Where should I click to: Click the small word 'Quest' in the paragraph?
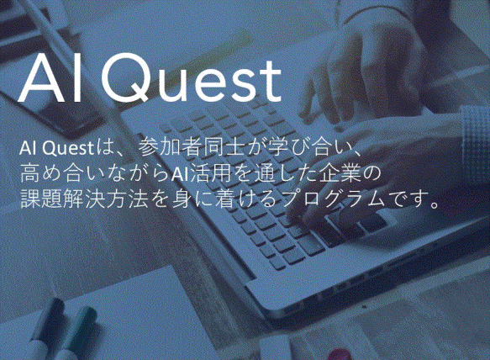68,148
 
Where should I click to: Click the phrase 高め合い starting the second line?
57,172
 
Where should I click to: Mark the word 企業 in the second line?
340,172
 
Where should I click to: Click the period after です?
434,204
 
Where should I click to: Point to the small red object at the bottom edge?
339,355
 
